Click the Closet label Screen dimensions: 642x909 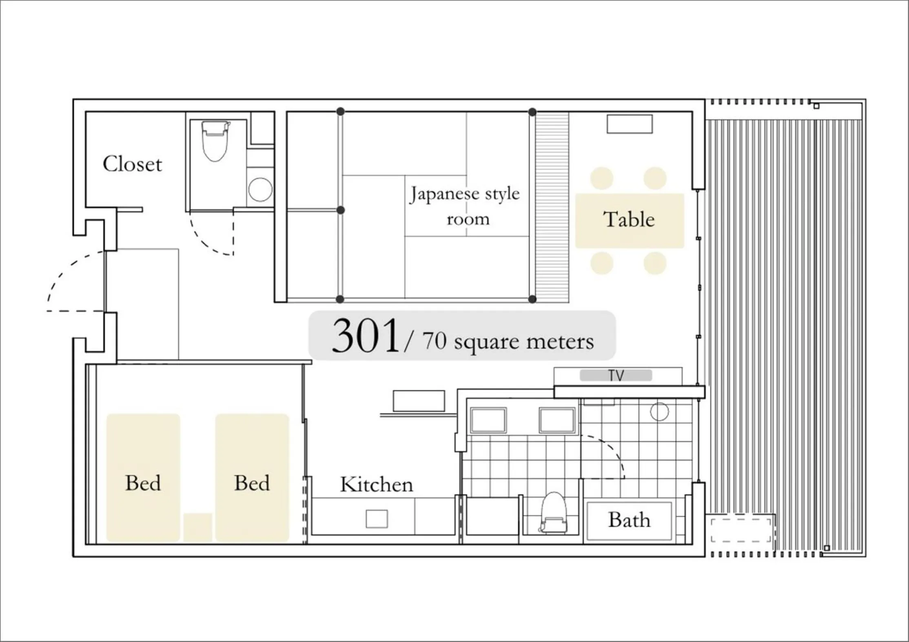pos(132,164)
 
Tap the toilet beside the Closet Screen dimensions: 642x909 pos(215,141)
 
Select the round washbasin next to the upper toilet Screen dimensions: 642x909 pos(260,190)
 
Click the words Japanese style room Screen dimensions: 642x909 pos(465,206)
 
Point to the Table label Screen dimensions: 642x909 pos(629,219)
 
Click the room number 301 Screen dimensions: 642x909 pos(365,336)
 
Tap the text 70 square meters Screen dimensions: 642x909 pos(508,341)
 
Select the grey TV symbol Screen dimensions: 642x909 pos(616,375)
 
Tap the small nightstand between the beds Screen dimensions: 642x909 pos(197,527)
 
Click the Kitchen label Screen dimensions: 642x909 pos(376,485)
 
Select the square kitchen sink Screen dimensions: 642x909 pos(377,519)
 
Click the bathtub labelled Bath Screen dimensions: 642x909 pos(629,521)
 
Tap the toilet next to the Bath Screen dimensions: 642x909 pos(554,514)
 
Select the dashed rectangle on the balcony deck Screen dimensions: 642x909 pos(741,530)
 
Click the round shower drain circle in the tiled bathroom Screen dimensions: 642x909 pos(659,411)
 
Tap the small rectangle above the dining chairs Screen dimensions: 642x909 pos(630,124)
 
